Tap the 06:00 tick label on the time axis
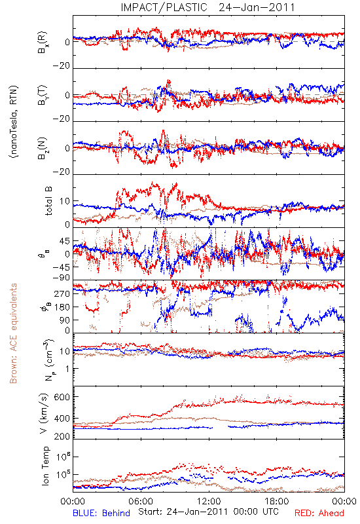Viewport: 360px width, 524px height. click(x=141, y=501)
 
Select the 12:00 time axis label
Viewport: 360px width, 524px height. click(x=209, y=501)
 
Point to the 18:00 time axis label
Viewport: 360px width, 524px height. click(x=277, y=501)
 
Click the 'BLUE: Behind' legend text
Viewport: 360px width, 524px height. click(x=101, y=513)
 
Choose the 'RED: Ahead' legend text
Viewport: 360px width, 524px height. click(x=319, y=513)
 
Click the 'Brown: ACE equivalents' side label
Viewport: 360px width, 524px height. click(x=13, y=333)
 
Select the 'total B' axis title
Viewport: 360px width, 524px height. click(x=48, y=201)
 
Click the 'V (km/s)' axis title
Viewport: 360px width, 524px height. click(x=44, y=413)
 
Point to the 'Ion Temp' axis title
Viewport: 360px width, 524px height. click(x=45, y=466)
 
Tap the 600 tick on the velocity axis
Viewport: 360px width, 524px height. click(x=62, y=397)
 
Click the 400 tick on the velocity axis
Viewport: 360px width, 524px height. click(x=62, y=418)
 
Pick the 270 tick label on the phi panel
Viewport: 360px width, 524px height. click(x=62, y=293)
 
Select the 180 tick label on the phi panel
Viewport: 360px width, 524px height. click(x=62, y=307)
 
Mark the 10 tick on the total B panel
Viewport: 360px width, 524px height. click(x=65, y=201)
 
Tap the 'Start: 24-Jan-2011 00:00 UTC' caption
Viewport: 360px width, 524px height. click(x=208, y=512)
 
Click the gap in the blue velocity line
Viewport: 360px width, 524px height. click(x=221, y=428)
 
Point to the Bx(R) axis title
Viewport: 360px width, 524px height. click(x=43, y=42)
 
